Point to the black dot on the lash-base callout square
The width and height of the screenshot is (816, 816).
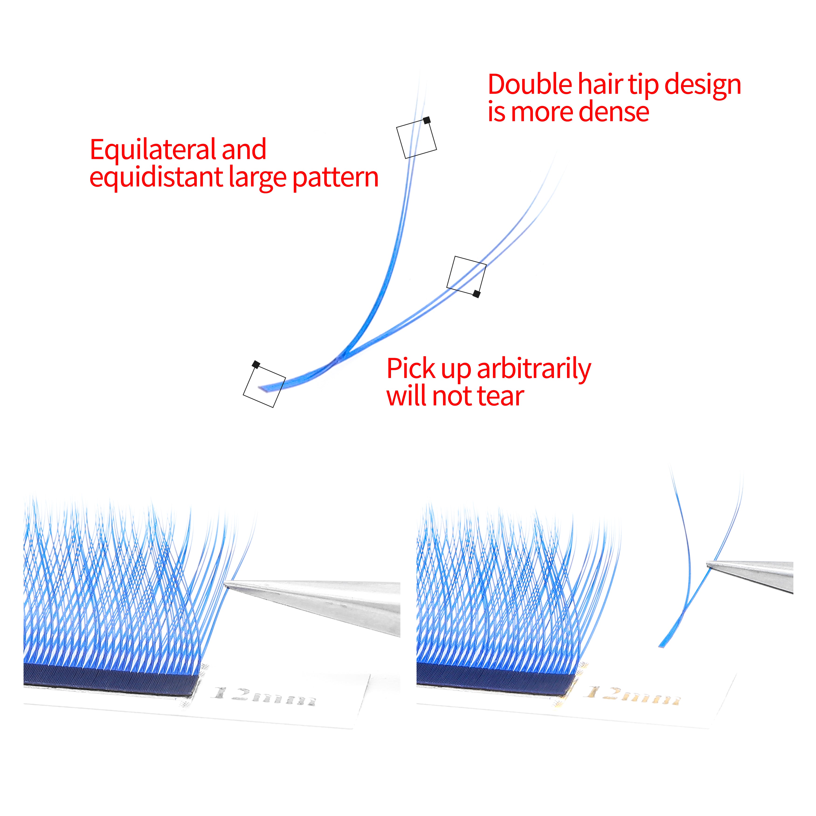pos(256,364)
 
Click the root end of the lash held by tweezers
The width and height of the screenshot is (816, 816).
pos(660,646)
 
